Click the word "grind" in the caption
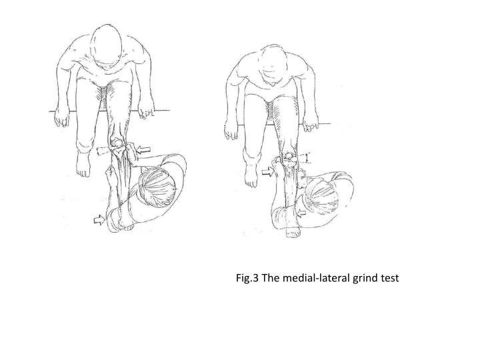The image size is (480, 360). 362,277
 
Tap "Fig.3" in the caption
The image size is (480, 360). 247,277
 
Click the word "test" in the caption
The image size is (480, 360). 389,277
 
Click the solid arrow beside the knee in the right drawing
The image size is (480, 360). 268,171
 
